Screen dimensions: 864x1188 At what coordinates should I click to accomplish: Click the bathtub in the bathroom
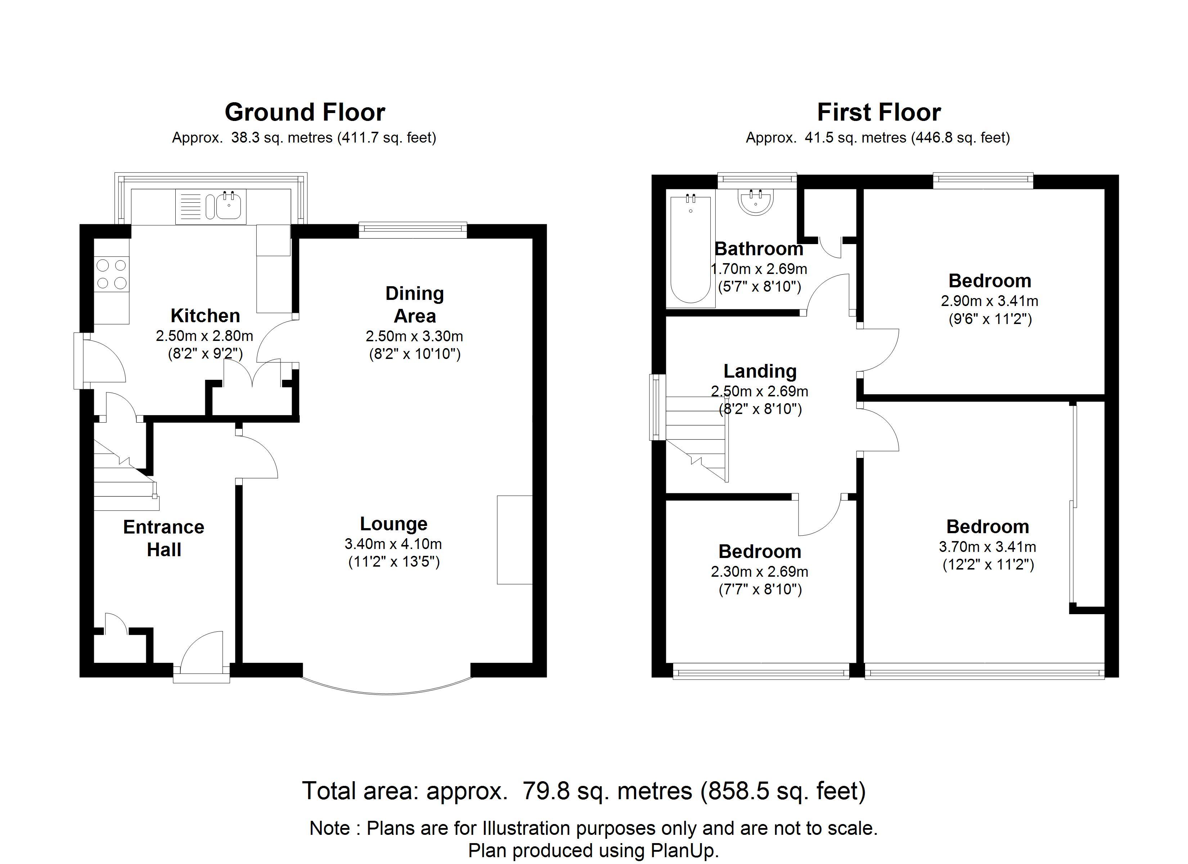click(x=690, y=249)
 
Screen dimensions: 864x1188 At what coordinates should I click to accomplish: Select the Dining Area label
click(x=414, y=305)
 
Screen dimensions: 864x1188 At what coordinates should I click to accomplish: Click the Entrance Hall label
click(x=163, y=538)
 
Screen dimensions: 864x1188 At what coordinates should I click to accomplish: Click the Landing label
click(x=760, y=371)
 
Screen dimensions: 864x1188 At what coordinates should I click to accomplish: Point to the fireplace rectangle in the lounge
click(x=514, y=539)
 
